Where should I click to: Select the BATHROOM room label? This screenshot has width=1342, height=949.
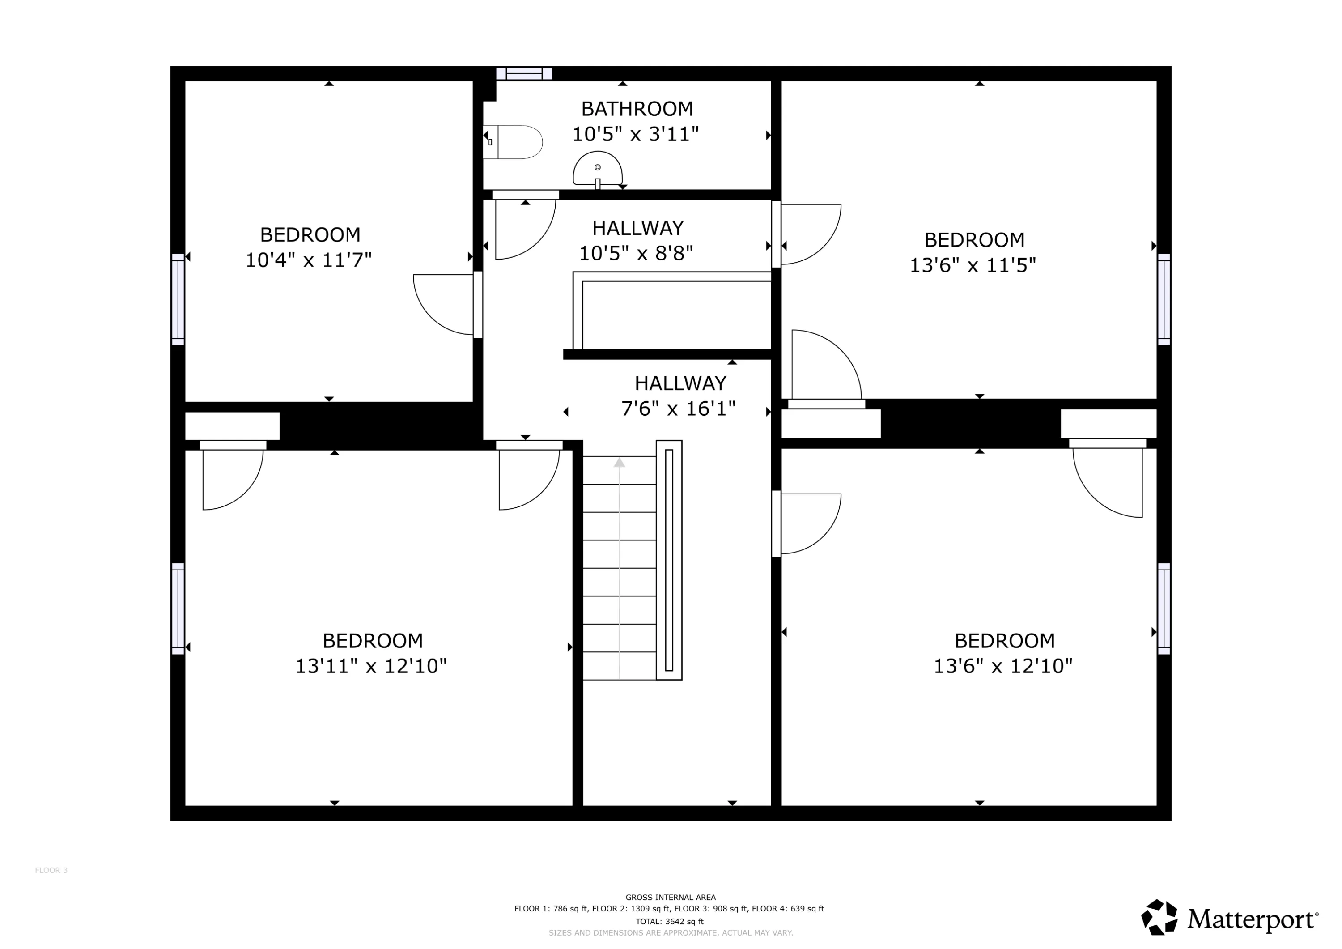click(x=637, y=109)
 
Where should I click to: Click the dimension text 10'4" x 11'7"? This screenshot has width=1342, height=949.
click(x=309, y=260)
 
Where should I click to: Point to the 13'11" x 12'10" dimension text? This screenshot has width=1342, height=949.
click(x=371, y=666)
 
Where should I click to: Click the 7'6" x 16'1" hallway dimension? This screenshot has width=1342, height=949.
click(x=678, y=408)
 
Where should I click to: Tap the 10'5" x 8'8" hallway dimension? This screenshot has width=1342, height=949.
click(x=636, y=253)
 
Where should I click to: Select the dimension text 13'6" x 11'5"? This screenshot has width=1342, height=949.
click(x=973, y=265)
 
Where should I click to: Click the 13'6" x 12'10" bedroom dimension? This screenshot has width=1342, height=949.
click(x=1003, y=666)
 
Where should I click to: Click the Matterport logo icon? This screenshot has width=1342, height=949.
click(x=1159, y=917)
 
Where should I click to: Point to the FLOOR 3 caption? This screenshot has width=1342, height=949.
click(x=51, y=871)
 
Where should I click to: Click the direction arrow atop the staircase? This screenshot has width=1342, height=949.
click(x=620, y=463)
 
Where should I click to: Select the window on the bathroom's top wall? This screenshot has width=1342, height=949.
click(x=524, y=74)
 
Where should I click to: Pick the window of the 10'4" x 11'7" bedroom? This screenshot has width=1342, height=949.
click(x=178, y=299)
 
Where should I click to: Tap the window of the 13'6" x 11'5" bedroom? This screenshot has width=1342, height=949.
click(x=1164, y=299)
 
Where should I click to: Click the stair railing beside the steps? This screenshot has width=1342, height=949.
click(x=669, y=560)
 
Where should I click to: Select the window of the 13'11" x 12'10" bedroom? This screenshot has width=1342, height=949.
click(x=178, y=609)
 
